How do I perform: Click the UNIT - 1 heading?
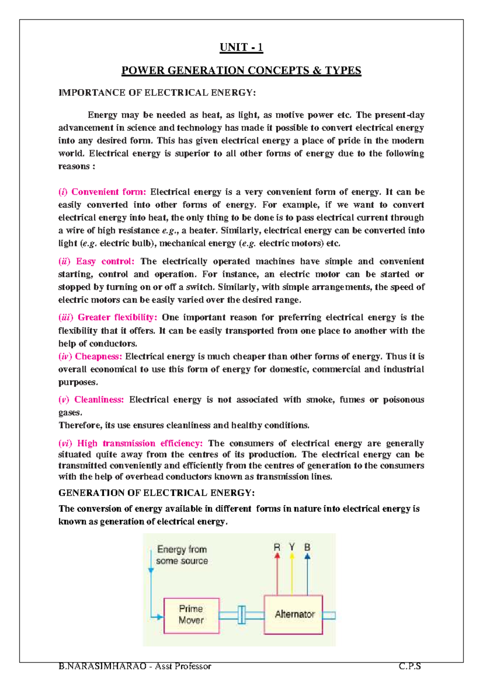[x=241, y=47]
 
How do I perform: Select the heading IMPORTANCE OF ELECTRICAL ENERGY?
[x=157, y=93]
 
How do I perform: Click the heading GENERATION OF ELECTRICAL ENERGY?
[x=156, y=493]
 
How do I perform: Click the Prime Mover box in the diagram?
[x=191, y=615]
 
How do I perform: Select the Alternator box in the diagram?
[x=294, y=615]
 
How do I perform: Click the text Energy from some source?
[x=182, y=555]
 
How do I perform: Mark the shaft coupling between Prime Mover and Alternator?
[x=242, y=615]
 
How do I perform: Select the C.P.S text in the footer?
[x=410, y=666]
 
